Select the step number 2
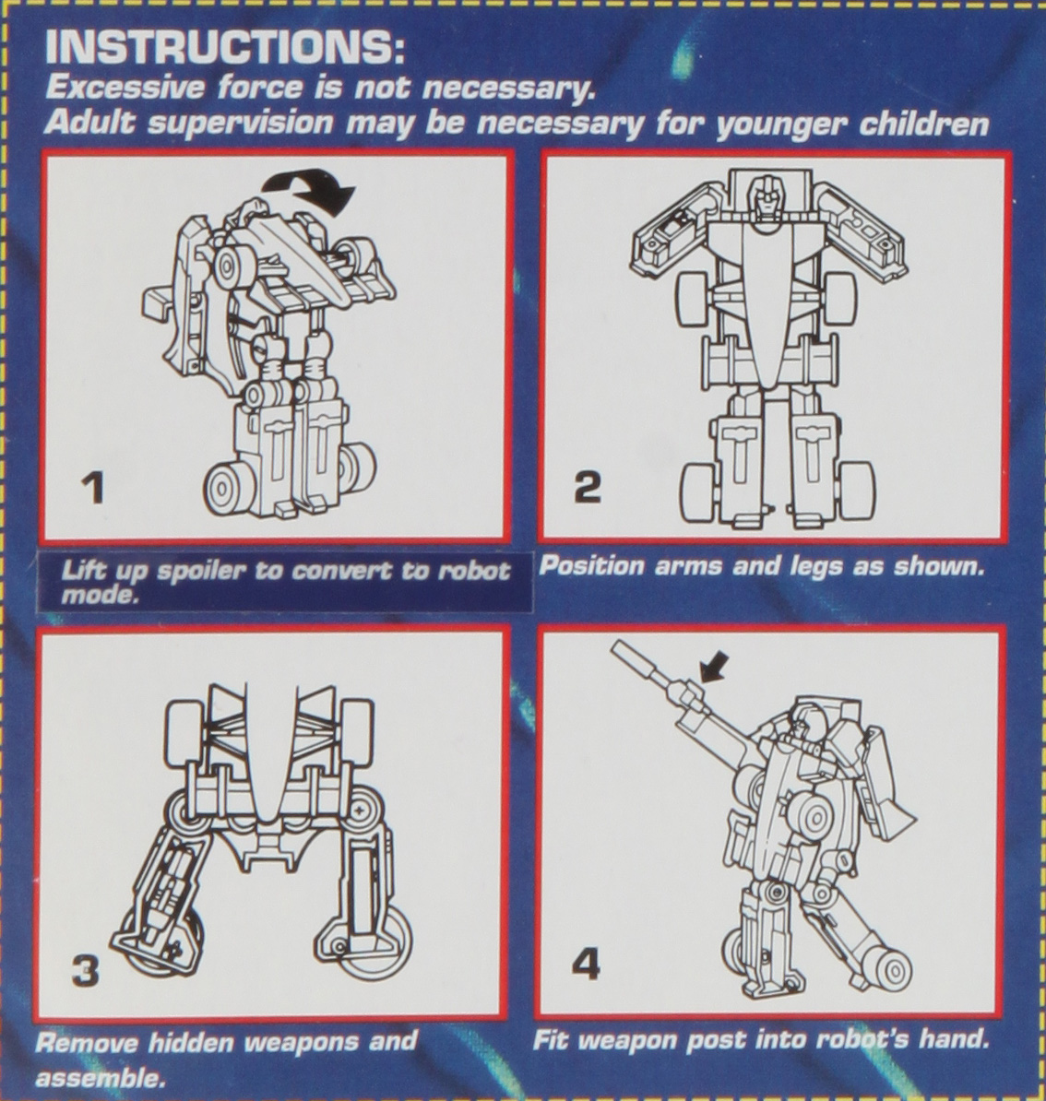[x=587, y=487]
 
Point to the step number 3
[x=85, y=972]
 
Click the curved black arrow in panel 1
[x=308, y=188]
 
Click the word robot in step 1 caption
[x=473, y=570]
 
